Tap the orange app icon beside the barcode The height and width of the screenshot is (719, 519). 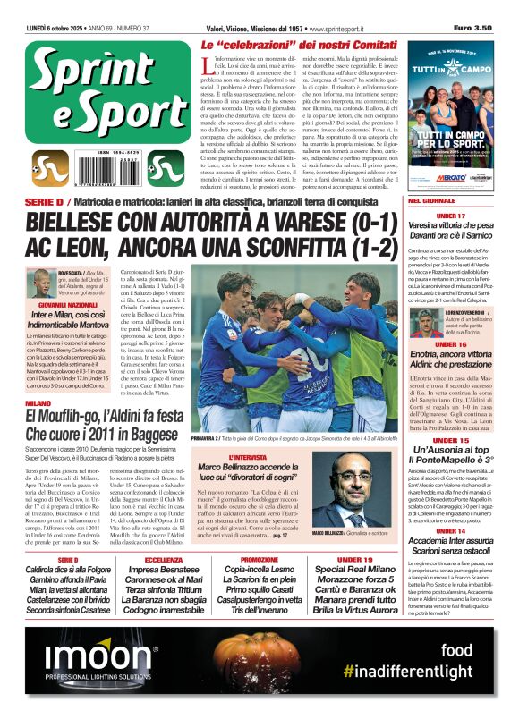pos(49,167)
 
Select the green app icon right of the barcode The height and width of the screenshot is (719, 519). pos(164,167)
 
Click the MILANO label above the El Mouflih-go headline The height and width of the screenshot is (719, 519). pos(38,405)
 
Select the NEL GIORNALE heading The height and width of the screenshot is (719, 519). pos(433,201)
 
